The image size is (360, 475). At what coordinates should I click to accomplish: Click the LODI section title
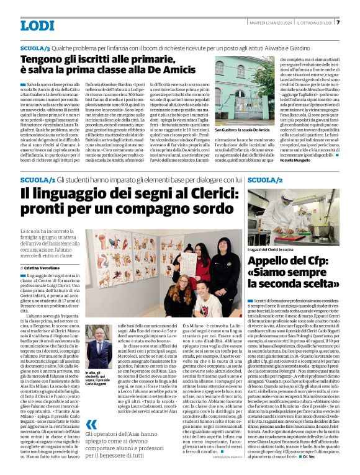(37, 25)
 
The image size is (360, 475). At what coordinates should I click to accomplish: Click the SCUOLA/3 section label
(34, 48)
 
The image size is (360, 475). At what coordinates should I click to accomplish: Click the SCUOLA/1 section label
(34, 179)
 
